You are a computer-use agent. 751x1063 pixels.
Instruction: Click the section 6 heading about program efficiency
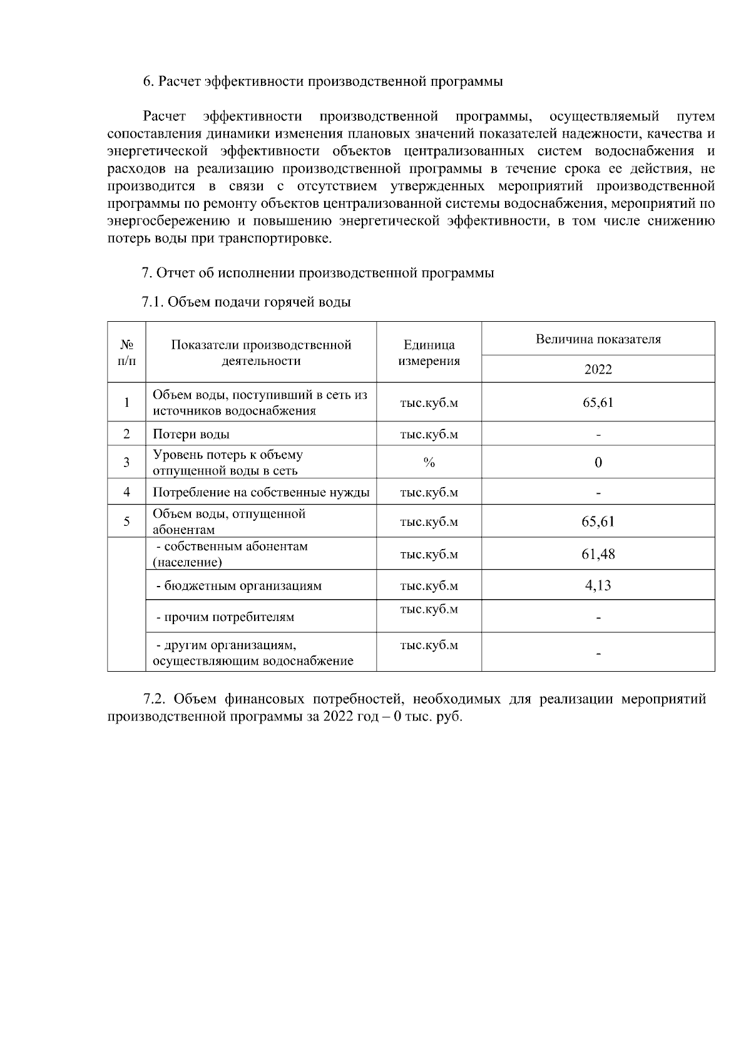[323, 81]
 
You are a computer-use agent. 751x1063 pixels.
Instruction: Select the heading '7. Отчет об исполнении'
[318, 273]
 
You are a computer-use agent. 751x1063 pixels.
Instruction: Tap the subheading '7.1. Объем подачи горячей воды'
[247, 302]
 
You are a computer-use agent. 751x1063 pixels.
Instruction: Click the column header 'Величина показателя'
[598, 339]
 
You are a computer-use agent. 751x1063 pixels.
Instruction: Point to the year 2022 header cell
[598, 369]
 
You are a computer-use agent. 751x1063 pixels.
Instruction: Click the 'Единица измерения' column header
[429, 352]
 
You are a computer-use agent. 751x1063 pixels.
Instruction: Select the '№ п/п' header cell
[126, 352]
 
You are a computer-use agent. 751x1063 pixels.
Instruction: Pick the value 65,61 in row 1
[598, 403]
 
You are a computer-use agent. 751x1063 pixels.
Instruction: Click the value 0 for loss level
[598, 463]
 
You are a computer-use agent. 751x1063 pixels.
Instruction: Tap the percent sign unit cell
[429, 463]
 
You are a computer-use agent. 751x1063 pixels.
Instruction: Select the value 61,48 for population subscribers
[598, 554]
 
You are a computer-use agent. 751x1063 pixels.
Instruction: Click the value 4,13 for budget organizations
[598, 585]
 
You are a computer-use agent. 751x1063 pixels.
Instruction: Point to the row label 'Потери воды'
[192, 434]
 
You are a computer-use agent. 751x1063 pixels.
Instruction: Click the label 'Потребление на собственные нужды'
[261, 492]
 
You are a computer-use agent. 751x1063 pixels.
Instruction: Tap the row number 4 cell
[126, 492]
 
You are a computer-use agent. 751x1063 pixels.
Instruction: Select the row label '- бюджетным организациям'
[238, 586]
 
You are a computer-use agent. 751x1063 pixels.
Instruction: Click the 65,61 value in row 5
[598, 521]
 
